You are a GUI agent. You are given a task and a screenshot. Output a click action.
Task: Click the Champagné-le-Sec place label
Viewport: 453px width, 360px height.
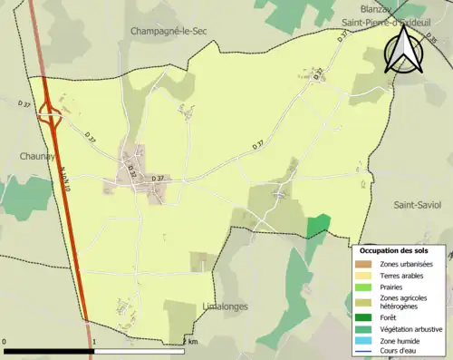169,31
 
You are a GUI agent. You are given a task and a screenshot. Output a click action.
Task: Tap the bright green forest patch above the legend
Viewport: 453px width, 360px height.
318,226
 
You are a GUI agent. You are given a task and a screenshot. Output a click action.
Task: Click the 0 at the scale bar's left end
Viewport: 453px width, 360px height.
6,342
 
